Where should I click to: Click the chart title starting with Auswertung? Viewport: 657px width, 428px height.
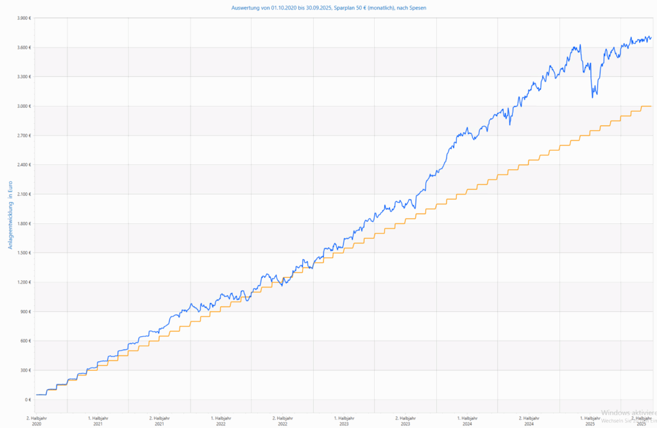click(x=328, y=8)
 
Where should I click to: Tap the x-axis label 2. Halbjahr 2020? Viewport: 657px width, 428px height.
click(x=36, y=420)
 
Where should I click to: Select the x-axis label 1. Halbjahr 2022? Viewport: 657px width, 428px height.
click(x=221, y=420)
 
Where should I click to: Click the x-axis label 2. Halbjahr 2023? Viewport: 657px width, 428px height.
click(x=405, y=420)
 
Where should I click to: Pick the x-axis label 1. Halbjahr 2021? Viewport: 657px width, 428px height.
click(x=98, y=420)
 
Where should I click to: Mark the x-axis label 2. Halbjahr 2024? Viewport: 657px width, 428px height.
click(x=529, y=420)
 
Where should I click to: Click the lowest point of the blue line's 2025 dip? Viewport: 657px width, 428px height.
click(x=593, y=97)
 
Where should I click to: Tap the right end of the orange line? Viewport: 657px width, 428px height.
click(x=651, y=106)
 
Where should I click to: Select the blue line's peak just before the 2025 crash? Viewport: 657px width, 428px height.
click(x=580, y=45)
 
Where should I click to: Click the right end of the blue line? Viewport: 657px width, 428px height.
click(x=651, y=37)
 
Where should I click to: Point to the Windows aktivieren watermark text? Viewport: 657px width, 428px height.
click(x=628, y=413)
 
